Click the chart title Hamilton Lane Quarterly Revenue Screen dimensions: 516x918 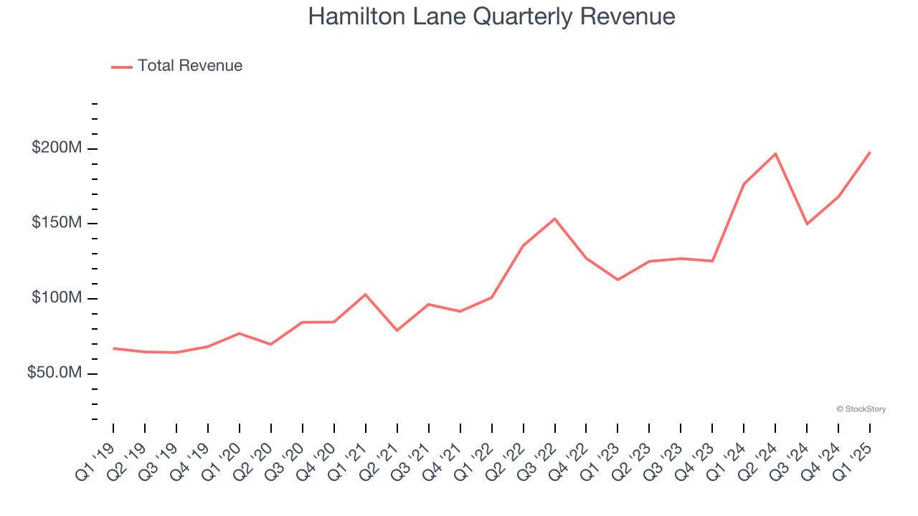tap(491, 16)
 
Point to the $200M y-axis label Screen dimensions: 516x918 tap(57, 148)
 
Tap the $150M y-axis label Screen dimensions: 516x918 tap(57, 223)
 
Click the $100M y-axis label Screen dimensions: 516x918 tap(57, 298)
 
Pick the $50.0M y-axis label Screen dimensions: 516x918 tap(54, 373)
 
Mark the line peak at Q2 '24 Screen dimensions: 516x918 tap(775, 153)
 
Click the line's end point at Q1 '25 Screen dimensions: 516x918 tap(870, 152)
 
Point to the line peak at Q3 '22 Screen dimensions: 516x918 tap(554, 219)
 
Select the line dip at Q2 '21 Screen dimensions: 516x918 tap(397, 330)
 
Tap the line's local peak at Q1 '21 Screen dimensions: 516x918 tap(366, 295)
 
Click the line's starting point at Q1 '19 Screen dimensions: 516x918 tap(113, 348)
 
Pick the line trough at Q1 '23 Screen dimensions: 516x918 tap(617, 279)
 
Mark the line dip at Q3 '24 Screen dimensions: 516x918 tap(807, 224)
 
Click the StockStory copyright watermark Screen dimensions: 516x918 tap(861, 409)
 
